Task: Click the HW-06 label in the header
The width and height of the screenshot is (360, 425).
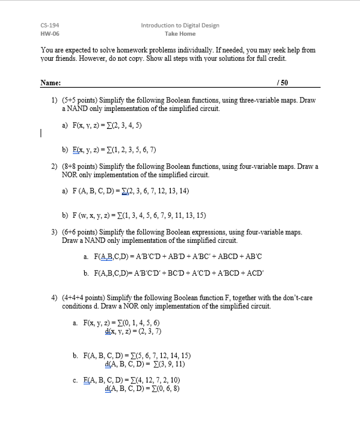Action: click(x=49, y=35)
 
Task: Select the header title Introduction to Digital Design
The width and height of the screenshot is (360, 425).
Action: click(x=180, y=26)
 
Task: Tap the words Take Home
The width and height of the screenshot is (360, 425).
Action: click(x=180, y=35)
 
